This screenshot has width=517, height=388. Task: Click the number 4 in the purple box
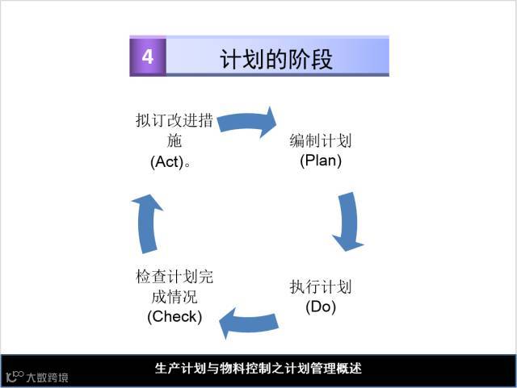click(x=148, y=56)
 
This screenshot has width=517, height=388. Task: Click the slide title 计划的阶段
click(x=275, y=59)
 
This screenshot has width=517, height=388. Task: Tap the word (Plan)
click(x=321, y=161)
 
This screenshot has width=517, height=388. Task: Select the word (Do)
click(x=321, y=307)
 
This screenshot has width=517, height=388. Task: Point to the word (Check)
click(x=174, y=315)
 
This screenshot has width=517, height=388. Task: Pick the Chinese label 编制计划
click(x=321, y=141)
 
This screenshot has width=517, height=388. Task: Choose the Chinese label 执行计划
click(x=321, y=287)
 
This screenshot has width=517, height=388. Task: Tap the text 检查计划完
click(x=174, y=277)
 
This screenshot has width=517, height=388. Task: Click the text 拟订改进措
click(x=174, y=122)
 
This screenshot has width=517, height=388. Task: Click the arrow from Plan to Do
click(x=348, y=220)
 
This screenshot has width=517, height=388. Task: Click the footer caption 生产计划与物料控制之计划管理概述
click(x=258, y=369)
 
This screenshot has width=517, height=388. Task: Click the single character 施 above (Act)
click(x=174, y=141)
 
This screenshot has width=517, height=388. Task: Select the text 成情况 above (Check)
click(x=174, y=297)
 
